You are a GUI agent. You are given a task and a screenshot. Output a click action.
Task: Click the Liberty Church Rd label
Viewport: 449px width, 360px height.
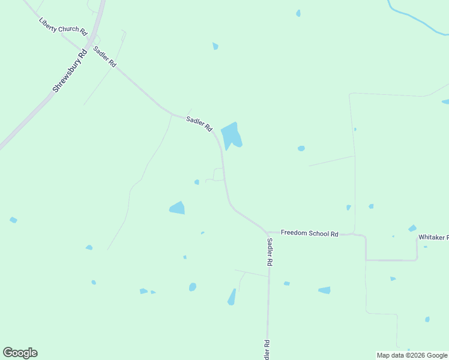(63, 25)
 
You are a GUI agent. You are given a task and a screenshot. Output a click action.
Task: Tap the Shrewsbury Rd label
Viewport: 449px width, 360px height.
(70, 70)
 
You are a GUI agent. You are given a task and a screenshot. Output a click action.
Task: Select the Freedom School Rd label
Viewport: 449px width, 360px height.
(310, 233)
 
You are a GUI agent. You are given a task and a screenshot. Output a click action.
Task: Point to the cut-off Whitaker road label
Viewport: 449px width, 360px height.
(433, 238)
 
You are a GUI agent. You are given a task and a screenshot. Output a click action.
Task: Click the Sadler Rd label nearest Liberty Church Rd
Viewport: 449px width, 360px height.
(104, 55)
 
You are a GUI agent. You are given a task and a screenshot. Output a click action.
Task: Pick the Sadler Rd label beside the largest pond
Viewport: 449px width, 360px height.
(199, 124)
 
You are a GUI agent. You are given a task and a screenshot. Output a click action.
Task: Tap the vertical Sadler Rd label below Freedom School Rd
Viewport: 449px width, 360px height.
(270, 252)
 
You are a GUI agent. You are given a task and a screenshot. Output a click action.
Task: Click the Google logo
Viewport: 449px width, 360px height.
(20, 353)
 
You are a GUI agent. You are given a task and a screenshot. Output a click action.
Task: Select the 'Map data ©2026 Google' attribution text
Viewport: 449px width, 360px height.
(412, 355)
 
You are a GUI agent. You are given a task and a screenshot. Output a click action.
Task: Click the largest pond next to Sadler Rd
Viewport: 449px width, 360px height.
(231, 136)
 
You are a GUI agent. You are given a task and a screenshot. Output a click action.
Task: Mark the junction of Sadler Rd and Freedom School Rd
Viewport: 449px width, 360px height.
(267, 232)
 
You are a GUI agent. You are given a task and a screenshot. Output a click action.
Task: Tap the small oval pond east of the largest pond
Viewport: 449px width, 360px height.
(301, 148)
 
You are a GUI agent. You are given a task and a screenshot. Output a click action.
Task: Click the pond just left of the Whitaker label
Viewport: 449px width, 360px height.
(412, 228)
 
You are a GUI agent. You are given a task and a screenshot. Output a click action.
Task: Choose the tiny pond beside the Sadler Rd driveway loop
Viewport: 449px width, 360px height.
(196, 182)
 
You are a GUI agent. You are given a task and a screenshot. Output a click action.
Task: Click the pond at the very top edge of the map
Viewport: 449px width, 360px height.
(298, 13)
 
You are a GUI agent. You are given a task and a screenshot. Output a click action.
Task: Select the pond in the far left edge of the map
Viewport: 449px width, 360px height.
(13, 220)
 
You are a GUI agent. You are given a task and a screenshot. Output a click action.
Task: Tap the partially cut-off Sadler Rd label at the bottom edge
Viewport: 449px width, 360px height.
(266, 349)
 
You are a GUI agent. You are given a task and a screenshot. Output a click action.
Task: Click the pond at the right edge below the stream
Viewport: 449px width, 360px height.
(445, 101)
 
